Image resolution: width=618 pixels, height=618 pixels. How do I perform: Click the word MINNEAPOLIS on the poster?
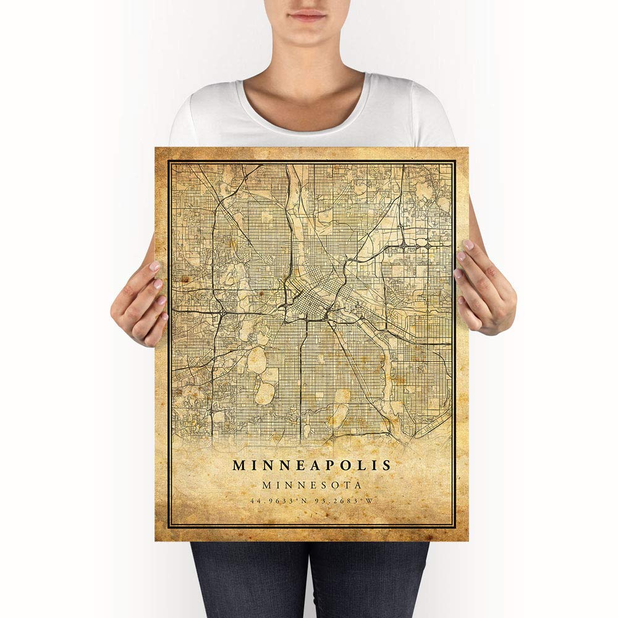pos(311,465)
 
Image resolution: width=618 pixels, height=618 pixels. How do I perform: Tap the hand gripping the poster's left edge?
pos(139,303)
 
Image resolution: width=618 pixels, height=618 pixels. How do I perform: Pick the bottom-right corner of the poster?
pos(468,540)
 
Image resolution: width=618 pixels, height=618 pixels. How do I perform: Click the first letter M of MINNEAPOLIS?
pos(239,465)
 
